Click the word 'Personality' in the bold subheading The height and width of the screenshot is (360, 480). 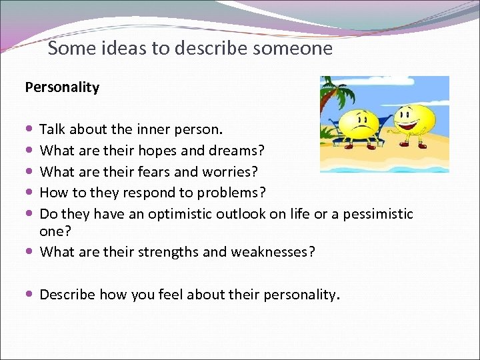(62, 87)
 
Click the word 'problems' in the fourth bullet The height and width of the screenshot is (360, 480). (231, 193)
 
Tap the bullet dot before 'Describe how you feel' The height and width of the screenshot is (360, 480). (31, 295)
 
